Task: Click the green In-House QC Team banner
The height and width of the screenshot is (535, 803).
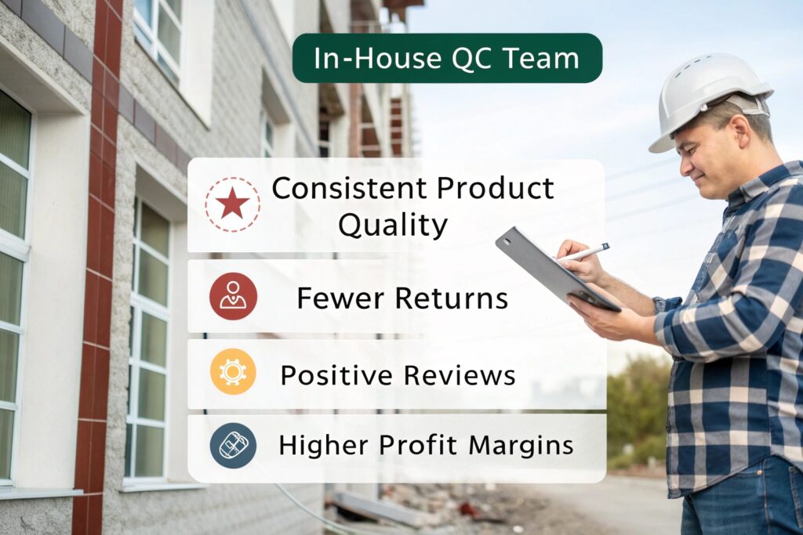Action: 447,58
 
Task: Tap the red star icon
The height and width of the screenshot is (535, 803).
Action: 232,204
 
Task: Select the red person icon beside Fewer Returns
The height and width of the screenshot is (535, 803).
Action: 233,296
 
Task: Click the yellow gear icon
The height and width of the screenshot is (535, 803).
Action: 233,372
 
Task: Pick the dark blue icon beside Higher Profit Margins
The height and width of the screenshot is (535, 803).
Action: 233,446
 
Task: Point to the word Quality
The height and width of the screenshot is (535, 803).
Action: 393,226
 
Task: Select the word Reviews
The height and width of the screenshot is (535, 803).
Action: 460,375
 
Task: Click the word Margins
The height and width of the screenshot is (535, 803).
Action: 521,446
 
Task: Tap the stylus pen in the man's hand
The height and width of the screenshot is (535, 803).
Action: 583,253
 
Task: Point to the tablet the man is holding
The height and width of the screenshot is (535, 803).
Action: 558,269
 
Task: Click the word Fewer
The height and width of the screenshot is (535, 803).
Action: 340,298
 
